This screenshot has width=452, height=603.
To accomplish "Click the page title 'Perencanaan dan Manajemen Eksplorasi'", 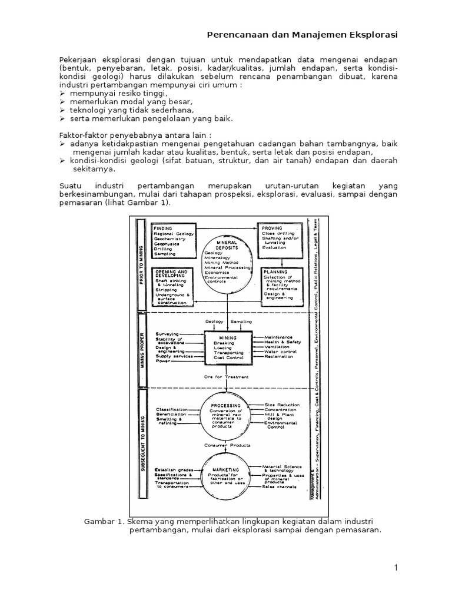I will point(302,35).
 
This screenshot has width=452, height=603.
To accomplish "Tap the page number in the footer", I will point(396,567).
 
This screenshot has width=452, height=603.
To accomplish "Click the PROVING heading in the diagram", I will point(272,227).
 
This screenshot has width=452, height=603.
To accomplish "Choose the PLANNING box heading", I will point(274,273).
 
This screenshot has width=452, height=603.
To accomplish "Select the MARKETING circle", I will point(226,475).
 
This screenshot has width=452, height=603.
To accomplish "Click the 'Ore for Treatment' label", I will point(227,377).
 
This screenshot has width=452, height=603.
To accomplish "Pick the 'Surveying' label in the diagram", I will point(168,333).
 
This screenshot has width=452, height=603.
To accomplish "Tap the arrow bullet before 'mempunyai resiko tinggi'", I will point(62,93).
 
